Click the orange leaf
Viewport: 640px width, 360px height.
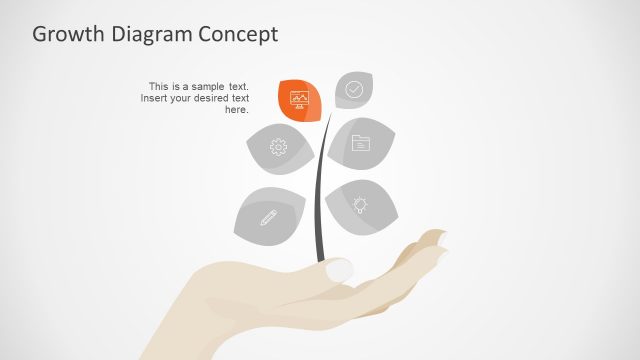pyautogui.click(x=299, y=100)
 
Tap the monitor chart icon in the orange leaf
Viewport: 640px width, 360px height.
pyautogui.click(x=299, y=98)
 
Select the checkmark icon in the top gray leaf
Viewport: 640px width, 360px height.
pyautogui.click(x=354, y=89)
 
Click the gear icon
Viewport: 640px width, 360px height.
pyautogui.click(x=278, y=148)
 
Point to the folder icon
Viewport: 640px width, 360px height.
pyautogui.click(x=360, y=143)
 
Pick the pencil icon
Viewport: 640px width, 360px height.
pyautogui.click(x=268, y=216)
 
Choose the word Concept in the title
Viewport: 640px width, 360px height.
pyautogui.click(x=241, y=34)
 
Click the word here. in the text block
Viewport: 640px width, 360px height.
pyautogui.click(x=236, y=110)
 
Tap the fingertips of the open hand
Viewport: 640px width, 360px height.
pyautogui.click(x=435, y=240)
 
